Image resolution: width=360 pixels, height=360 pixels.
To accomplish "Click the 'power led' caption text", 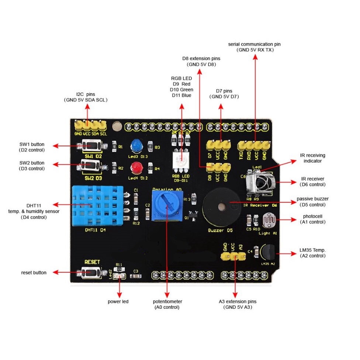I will point(118,301).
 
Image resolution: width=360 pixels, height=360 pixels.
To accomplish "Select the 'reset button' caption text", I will point(34,273).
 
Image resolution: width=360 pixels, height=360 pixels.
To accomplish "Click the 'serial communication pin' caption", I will point(255,44).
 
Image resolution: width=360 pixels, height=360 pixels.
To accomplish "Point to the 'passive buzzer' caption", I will point(312,199).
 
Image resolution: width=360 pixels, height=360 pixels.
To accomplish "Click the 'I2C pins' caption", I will point(86,94).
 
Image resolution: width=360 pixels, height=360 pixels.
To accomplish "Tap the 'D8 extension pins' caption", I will point(201,58).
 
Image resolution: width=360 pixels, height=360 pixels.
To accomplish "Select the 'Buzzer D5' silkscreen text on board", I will point(220,231).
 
